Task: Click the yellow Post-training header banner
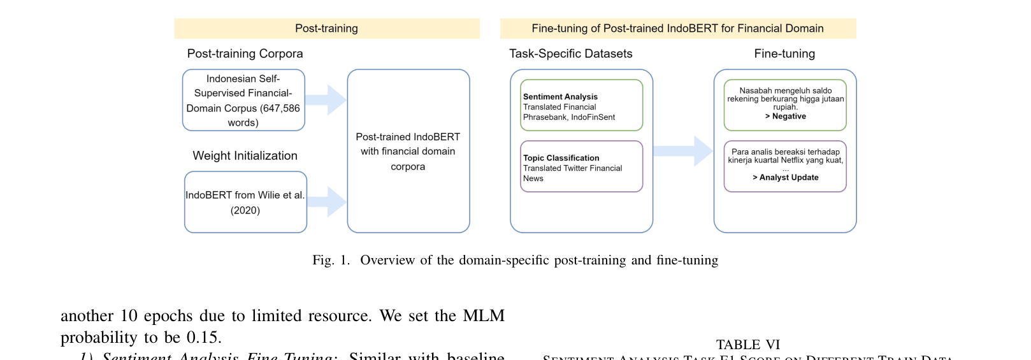click(326, 29)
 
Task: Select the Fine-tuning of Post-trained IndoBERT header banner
click(677, 29)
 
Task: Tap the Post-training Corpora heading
click(245, 54)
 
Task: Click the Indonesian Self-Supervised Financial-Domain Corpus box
click(243, 100)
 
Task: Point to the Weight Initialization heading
click(245, 155)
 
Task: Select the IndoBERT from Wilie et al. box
click(245, 202)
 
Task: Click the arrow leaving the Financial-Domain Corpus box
click(326, 99)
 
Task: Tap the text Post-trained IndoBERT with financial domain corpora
click(408, 152)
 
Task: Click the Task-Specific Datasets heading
click(570, 54)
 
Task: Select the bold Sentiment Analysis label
click(560, 97)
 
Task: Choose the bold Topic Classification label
click(561, 158)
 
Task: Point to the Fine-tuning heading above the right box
click(784, 54)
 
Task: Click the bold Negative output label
click(788, 117)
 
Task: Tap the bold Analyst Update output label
click(788, 178)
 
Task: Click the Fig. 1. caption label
click(331, 260)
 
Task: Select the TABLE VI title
click(747, 345)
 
